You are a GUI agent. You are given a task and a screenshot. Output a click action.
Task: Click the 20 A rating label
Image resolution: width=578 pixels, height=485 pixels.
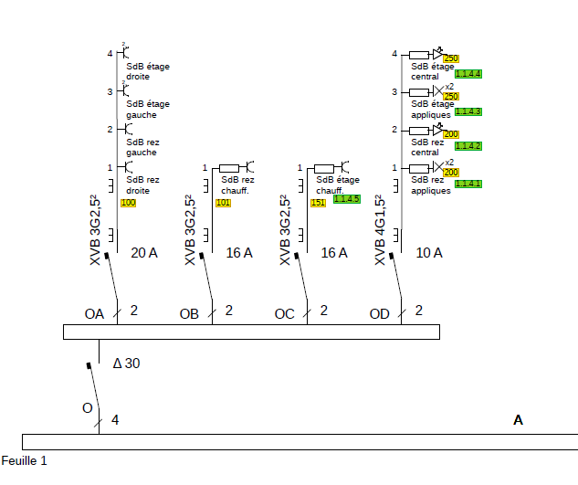[x=144, y=252]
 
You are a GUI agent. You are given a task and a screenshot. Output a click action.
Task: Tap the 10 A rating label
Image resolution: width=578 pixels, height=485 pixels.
[x=429, y=252]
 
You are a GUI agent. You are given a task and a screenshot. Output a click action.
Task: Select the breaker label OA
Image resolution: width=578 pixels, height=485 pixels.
[x=94, y=314]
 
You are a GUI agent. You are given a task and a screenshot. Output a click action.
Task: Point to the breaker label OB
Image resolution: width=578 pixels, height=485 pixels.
[x=189, y=314]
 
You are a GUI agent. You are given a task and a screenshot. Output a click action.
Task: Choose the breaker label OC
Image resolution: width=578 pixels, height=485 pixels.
[x=284, y=314]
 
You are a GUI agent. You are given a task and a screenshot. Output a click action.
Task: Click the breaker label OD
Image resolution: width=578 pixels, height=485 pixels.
[x=379, y=314]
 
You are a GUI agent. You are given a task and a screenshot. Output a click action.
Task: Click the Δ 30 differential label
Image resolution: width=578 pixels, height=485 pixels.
[x=126, y=364]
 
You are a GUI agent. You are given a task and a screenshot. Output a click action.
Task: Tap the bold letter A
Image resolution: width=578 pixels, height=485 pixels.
[x=518, y=420]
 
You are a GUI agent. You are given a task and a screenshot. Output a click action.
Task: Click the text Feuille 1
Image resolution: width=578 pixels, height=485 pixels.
[x=24, y=460]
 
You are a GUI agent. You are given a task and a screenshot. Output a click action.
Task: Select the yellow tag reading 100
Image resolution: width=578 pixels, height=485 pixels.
[x=128, y=202]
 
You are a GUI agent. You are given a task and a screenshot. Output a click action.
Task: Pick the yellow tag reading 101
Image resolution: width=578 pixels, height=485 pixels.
[x=223, y=202]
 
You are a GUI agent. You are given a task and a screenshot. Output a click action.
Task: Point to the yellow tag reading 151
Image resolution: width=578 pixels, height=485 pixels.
[x=318, y=202]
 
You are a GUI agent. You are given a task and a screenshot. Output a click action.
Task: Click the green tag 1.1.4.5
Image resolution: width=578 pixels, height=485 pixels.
[x=347, y=198]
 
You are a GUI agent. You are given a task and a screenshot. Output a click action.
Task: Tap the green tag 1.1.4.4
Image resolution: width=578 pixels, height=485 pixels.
[x=468, y=73]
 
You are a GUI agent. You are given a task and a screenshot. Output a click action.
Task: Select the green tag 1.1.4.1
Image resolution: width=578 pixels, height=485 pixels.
[x=468, y=184]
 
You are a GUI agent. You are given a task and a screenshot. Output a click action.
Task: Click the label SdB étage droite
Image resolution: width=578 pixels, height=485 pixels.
[x=148, y=71]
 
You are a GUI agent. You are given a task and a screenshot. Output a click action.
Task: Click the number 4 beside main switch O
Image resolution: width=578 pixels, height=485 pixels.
[x=115, y=420]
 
